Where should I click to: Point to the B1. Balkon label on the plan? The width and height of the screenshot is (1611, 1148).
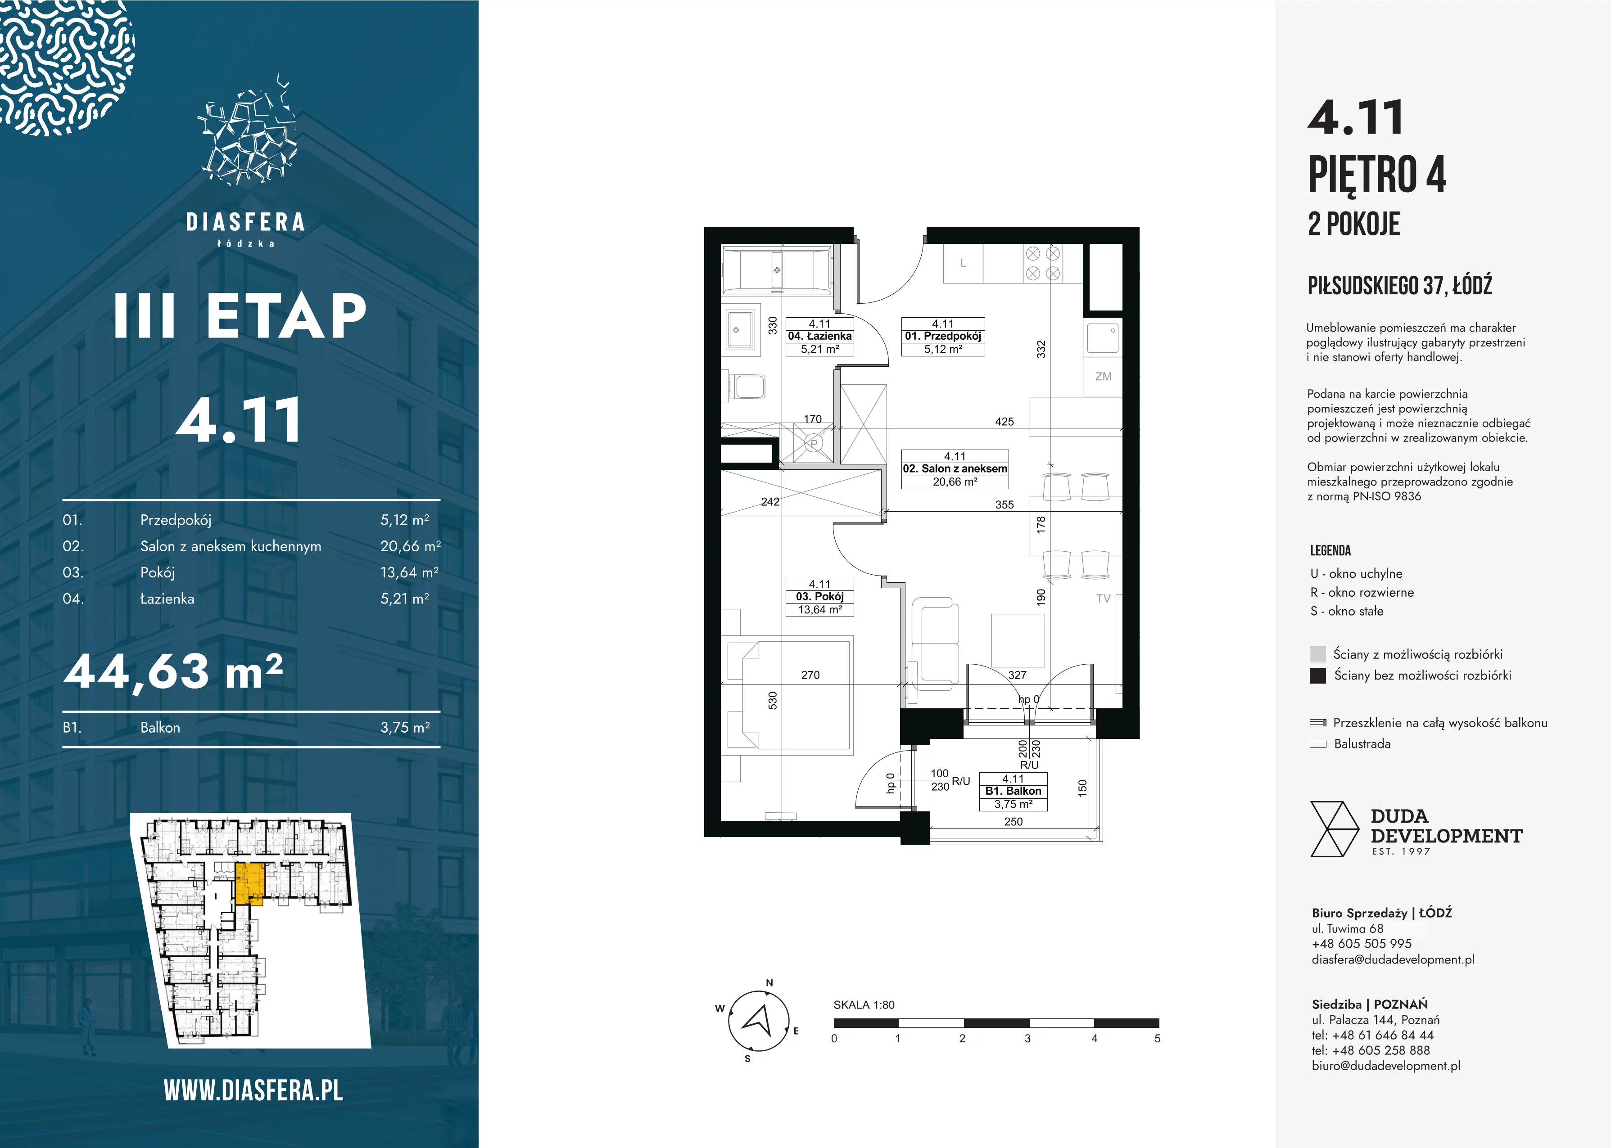[1013, 791]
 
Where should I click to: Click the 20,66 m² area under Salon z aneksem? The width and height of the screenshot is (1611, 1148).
[955, 482]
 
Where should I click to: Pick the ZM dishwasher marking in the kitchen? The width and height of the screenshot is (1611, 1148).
[1103, 377]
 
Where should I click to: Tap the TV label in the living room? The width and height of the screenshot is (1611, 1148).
[1103, 599]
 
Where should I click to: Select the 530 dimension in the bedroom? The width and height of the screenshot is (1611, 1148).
[772, 701]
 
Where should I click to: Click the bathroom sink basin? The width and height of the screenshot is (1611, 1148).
[740, 330]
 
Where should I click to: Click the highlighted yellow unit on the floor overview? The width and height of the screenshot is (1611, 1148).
[249, 884]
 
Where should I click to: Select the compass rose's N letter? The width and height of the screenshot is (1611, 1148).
[769, 982]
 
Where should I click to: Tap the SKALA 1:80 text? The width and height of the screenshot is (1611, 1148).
[864, 1004]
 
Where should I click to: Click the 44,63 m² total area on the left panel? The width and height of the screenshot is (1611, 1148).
[174, 671]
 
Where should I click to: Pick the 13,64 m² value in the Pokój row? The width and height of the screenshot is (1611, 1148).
[409, 572]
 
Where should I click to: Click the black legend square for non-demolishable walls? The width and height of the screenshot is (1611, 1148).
[1317, 675]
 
